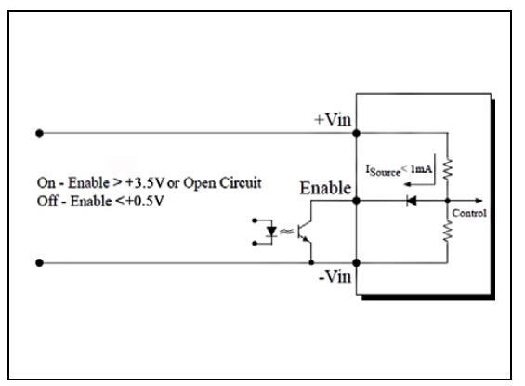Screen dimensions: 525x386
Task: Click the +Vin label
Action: point(333,120)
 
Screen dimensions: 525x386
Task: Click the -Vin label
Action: point(335,277)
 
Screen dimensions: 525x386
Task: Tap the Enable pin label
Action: point(325,188)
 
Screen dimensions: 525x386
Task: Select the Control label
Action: point(469,213)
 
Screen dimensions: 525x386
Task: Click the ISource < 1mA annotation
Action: point(399,170)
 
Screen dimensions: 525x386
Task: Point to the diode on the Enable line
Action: point(411,201)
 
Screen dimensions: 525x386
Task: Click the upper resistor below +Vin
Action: point(448,169)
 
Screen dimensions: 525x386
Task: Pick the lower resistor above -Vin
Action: point(448,231)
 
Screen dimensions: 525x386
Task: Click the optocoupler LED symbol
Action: point(271,232)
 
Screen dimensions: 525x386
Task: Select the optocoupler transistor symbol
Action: point(305,232)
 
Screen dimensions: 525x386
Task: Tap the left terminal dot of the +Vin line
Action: point(40,133)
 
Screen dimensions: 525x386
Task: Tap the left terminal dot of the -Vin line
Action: point(40,262)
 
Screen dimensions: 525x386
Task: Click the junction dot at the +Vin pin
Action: point(356,133)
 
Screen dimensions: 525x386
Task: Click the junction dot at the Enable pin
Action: point(356,201)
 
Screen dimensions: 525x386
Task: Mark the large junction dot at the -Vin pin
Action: point(356,262)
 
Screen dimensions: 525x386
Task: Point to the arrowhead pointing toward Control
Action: point(479,201)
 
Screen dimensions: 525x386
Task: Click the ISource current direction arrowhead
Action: point(408,184)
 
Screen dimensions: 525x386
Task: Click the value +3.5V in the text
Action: point(144,183)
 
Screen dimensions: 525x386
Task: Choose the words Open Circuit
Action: point(222,183)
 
